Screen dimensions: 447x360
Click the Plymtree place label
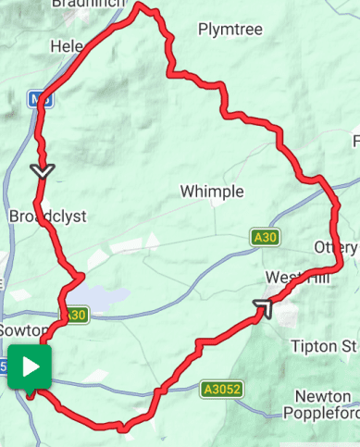tap(230, 30)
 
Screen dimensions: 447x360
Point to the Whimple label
tap(212, 192)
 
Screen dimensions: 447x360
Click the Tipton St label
tap(323, 346)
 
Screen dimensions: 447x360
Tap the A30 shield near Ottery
tap(265, 239)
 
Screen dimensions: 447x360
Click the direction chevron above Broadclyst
tap(43, 171)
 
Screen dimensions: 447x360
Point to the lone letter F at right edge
tap(355, 141)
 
